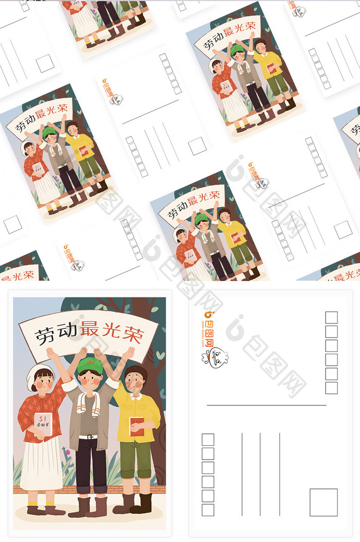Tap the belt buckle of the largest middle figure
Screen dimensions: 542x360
[92, 437]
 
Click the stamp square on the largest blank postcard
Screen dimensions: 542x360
[323, 502]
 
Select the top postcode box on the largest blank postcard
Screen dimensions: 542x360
[331, 318]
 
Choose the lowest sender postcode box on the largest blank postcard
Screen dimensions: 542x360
[208, 510]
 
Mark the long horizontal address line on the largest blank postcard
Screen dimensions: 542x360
[266, 405]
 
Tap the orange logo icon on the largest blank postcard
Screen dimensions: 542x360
[208, 314]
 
